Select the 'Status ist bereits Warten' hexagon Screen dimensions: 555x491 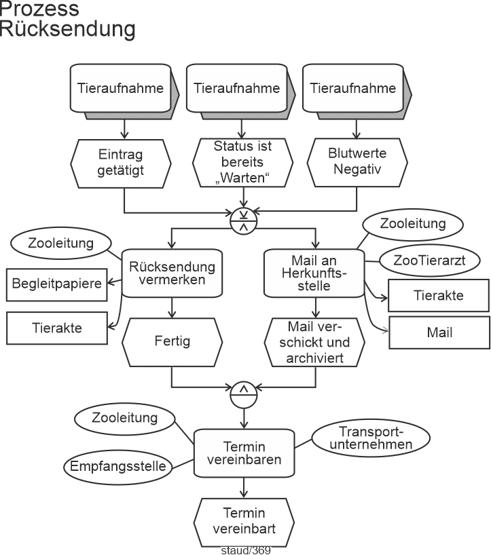(x=242, y=164)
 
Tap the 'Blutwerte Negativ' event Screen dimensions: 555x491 (x=357, y=164)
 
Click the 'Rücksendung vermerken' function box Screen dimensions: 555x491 (x=172, y=273)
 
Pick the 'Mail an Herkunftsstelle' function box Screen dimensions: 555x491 (x=314, y=273)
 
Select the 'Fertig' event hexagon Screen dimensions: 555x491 (x=172, y=341)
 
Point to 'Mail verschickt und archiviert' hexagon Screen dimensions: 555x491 (x=314, y=341)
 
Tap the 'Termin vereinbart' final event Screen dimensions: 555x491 (x=243, y=520)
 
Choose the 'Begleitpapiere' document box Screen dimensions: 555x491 (x=58, y=285)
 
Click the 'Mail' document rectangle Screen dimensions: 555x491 (x=439, y=332)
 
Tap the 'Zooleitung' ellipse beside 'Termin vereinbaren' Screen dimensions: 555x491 (x=124, y=418)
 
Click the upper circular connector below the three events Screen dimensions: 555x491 (x=242, y=221)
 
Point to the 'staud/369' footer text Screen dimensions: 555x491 (x=246, y=550)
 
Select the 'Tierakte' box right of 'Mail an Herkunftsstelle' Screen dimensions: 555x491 (x=439, y=295)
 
